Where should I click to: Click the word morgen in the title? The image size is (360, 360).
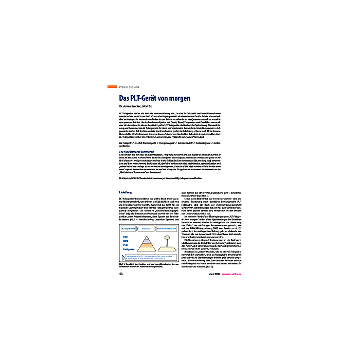coord(178,97)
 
